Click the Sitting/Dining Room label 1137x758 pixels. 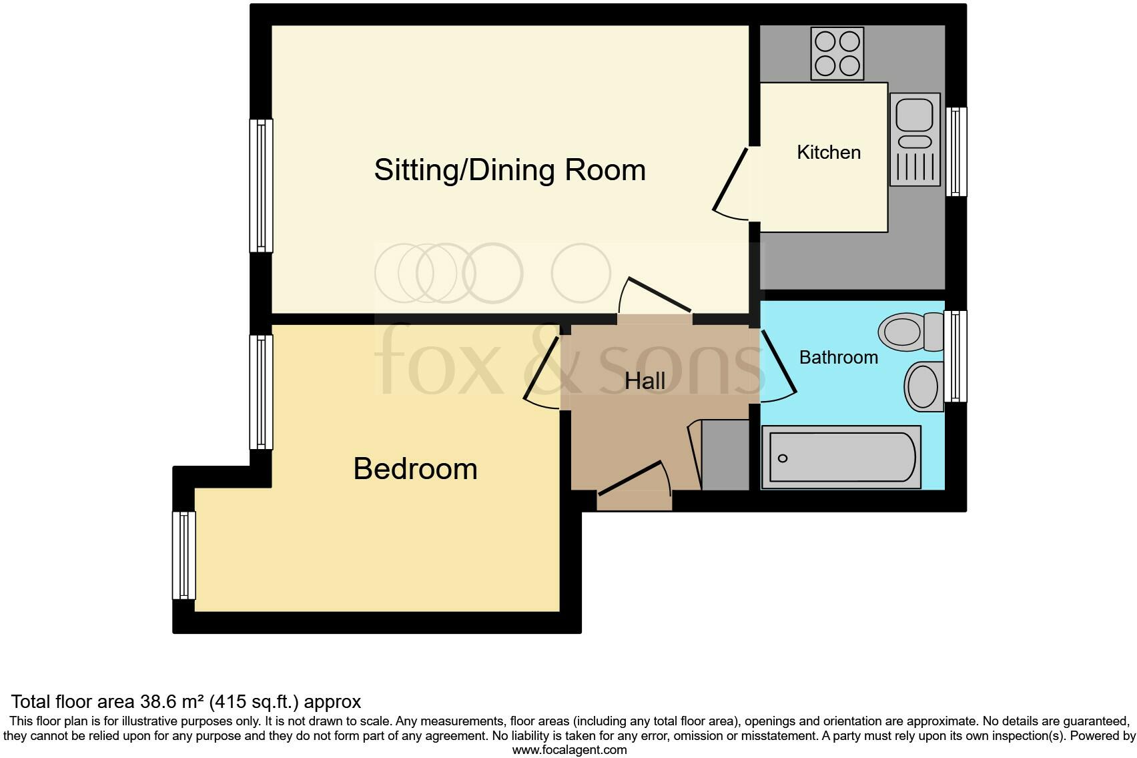[x=510, y=170]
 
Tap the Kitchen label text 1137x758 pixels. [x=829, y=152]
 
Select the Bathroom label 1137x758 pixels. [x=838, y=358]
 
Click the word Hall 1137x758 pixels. [x=645, y=381]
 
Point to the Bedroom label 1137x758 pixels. [x=415, y=469]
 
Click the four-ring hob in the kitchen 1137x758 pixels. [x=837, y=53]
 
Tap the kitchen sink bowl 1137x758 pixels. [x=913, y=115]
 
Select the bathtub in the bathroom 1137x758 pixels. [x=841, y=457]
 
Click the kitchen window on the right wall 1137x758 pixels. [x=957, y=151]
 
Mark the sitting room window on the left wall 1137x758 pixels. [x=261, y=185]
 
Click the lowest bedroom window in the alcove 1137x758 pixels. [x=184, y=555]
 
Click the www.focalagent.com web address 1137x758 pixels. [x=569, y=750]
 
